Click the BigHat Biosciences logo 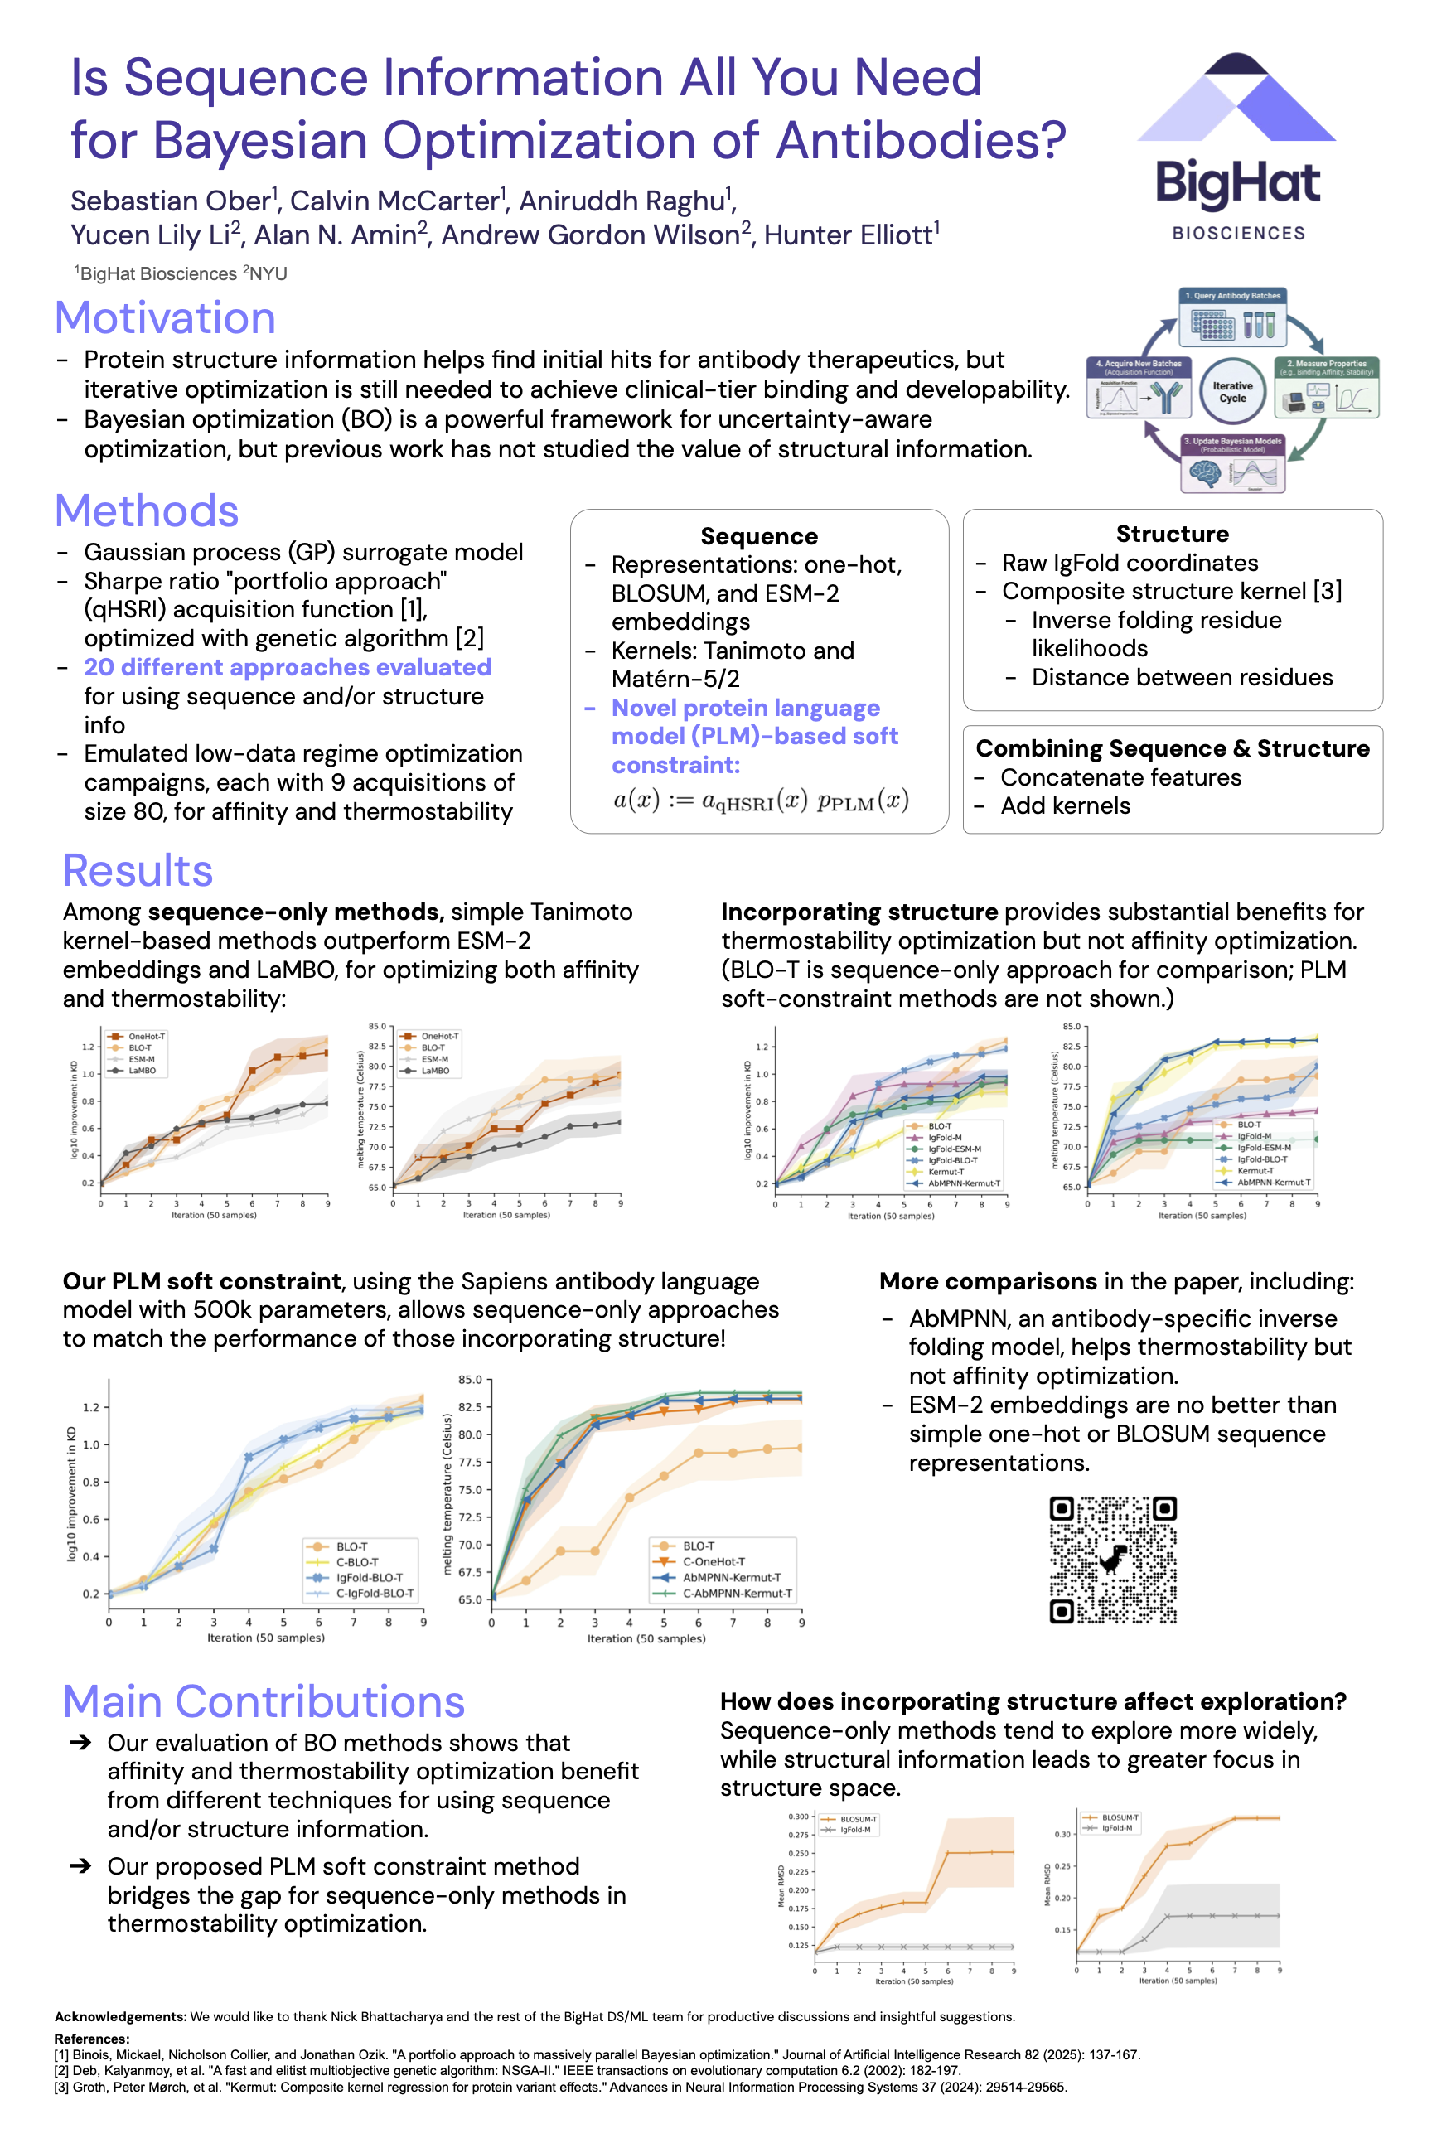tap(1236, 146)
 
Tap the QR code tap(1112, 1559)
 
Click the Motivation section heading tap(165, 318)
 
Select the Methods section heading tap(147, 510)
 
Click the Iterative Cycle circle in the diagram tap(1232, 392)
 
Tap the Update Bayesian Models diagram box tap(1232, 465)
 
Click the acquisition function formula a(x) tap(760, 801)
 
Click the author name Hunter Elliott tap(848, 235)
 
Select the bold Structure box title tap(1172, 534)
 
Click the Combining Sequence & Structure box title tap(1172, 748)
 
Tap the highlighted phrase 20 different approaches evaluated tap(288, 668)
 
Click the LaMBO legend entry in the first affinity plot tap(142, 1071)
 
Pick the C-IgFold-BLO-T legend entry tap(375, 1594)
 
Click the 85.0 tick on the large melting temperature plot tap(471, 1379)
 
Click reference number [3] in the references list tap(62, 2087)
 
